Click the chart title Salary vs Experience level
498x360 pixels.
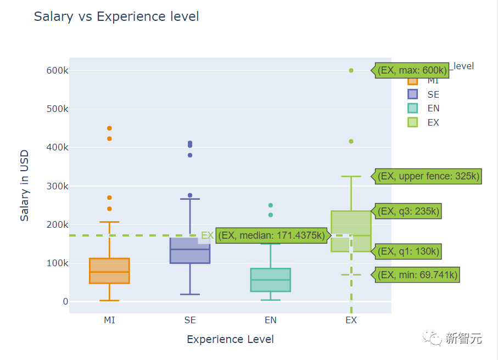click(116, 16)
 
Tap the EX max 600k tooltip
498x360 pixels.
click(412, 70)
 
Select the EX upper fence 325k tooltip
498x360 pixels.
click(429, 176)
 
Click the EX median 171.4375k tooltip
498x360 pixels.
click(273, 235)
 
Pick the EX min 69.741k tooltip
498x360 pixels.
click(417, 275)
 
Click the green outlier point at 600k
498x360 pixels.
click(351, 70)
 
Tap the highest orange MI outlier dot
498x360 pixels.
click(109, 128)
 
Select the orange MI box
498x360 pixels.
click(109, 271)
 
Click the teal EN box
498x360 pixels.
click(270, 280)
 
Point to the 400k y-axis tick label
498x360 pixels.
click(57, 147)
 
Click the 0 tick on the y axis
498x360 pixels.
click(65, 301)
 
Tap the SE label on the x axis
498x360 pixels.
click(190, 320)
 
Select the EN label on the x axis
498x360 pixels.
click(270, 320)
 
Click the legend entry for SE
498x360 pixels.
click(433, 94)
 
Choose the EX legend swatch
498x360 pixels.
click(413, 122)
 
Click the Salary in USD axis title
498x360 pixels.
click(25, 185)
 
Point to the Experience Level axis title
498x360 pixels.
click(230, 339)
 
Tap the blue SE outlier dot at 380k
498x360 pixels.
click(190, 155)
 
